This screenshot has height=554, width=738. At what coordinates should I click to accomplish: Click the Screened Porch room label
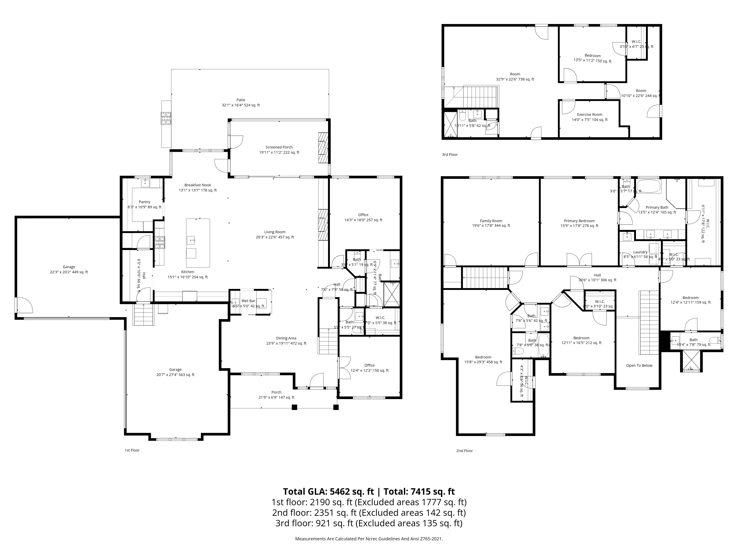[279, 147]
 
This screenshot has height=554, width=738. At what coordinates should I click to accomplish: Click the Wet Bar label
[248, 301]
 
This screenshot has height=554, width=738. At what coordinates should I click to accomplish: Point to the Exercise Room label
[589, 114]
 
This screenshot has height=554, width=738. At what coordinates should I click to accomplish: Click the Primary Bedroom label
[579, 221]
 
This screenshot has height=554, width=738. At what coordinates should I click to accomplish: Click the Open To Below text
[639, 365]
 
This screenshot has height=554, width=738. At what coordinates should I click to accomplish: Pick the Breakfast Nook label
[198, 185]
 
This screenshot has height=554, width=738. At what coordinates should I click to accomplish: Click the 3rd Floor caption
[450, 155]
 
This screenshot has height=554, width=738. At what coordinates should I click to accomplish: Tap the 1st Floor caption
[132, 450]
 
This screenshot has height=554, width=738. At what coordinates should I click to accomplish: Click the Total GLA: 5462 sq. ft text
[328, 492]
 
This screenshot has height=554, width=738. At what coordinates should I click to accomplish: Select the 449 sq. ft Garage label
[69, 267]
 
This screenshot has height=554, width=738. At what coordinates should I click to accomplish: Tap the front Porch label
[276, 392]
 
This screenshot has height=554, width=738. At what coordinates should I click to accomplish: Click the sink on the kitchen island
[191, 240]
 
